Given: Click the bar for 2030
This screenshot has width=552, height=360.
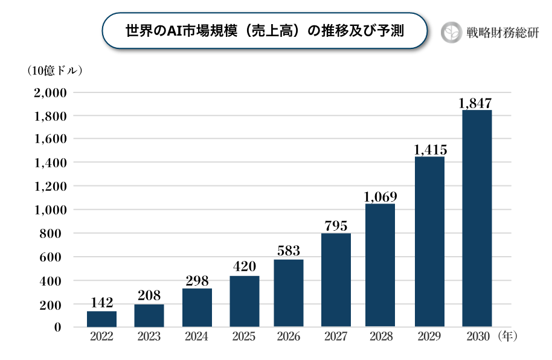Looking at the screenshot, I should tap(477, 219).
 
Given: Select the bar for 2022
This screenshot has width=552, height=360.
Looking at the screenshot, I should tap(102, 319).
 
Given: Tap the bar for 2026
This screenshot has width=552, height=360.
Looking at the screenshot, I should tap(289, 294).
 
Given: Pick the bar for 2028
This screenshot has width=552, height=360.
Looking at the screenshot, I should tap(380, 266).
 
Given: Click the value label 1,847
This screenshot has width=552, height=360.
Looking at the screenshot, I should tap(475, 103).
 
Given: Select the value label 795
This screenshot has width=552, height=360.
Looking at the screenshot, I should tap(336, 226).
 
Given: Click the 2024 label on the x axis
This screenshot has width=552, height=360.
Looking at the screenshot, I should tap(197, 337).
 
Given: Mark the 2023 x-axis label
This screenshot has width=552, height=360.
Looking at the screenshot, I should tap(149, 337).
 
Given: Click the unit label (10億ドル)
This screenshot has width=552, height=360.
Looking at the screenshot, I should tap(55, 70).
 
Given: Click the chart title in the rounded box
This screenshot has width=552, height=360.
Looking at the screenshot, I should tap(265, 31).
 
